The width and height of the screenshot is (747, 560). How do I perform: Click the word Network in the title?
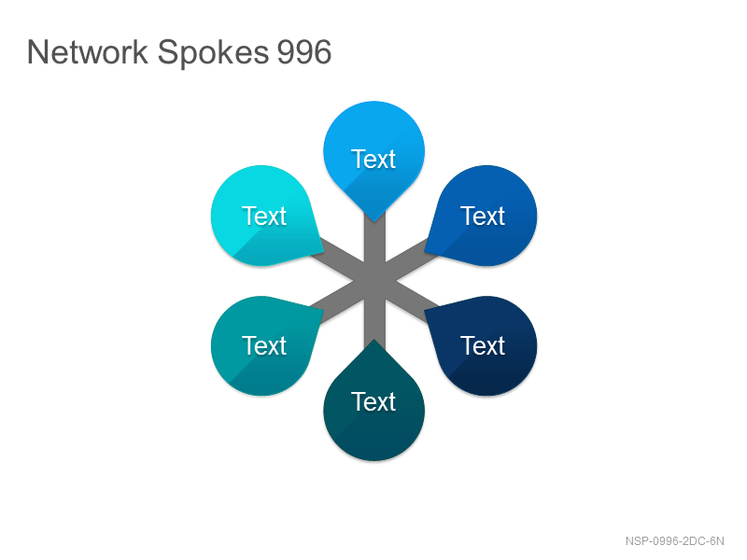[x=88, y=51]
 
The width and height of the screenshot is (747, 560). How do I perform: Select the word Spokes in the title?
[x=213, y=53]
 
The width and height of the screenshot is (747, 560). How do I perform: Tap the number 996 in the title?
[x=304, y=51]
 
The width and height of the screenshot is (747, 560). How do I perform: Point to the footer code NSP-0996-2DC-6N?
[x=674, y=541]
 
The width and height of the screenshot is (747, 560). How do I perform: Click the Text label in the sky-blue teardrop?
[x=373, y=159]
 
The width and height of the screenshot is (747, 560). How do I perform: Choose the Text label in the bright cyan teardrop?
[x=264, y=217]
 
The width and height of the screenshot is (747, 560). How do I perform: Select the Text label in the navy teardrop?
[x=483, y=345]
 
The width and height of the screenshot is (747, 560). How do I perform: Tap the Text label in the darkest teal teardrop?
[x=373, y=402]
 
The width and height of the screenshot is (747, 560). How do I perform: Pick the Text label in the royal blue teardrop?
[x=483, y=217]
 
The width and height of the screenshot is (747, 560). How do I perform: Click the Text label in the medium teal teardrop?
[x=264, y=345]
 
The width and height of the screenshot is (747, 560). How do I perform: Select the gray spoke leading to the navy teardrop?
[x=414, y=302]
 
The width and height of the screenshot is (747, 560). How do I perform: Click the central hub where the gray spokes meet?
[x=374, y=281]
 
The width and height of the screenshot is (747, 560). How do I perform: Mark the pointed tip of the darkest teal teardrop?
[x=374, y=339]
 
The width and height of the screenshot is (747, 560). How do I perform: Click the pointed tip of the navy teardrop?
[x=425, y=310]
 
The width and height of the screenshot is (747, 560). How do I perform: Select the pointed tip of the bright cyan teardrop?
[x=324, y=251]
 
